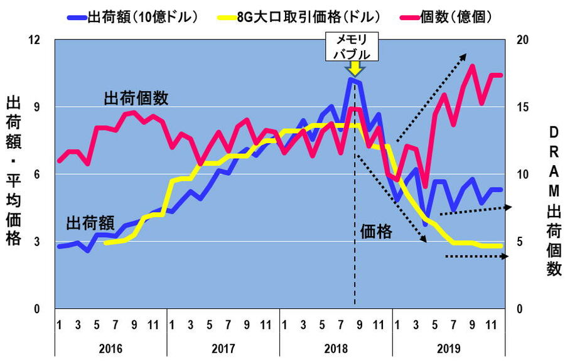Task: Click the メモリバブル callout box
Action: point(352,47)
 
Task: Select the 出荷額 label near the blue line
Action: point(92,223)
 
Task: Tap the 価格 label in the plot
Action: point(376,232)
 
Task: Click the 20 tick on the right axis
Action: point(522,40)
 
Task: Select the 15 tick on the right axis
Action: point(522,107)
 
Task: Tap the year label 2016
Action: point(110,348)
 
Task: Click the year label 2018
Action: point(336,348)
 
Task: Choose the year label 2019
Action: point(448,348)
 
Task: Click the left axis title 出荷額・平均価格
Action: point(14,170)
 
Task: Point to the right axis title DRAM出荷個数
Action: point(553,201)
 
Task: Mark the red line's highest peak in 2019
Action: point(472,65)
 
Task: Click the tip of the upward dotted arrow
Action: point(465,54)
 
